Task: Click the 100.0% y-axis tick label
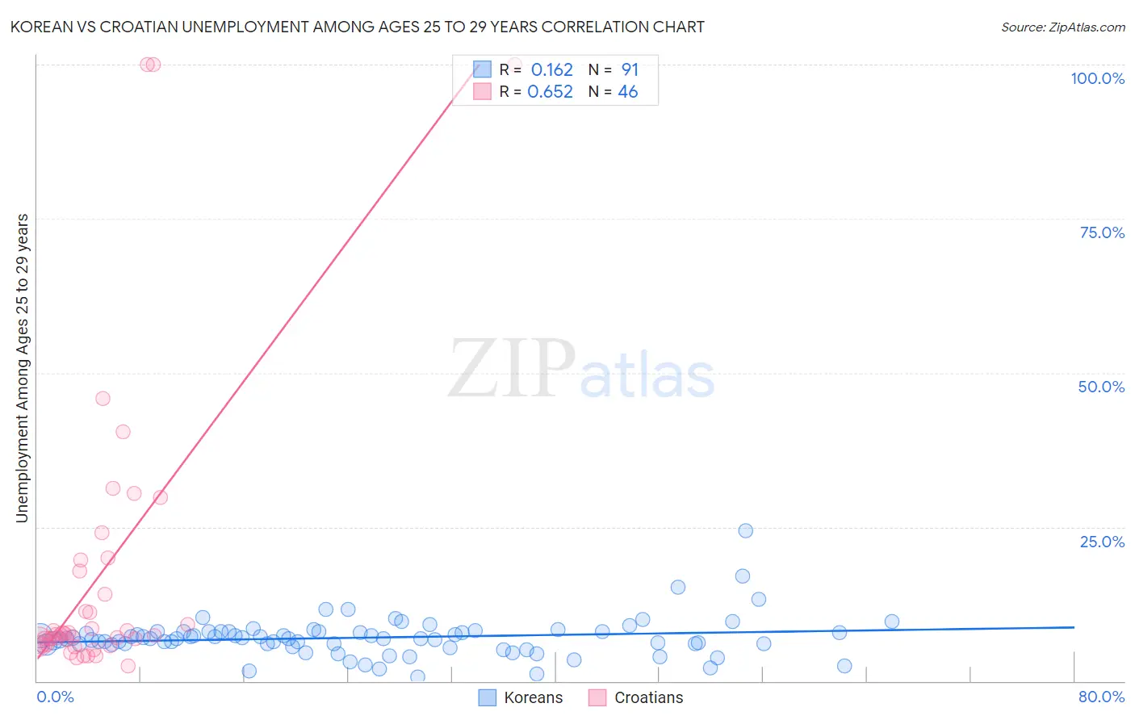click(1097, 78)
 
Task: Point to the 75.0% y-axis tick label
click(1102, 232)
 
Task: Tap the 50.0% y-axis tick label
click(1101, 387)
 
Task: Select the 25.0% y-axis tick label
click(1102, 542)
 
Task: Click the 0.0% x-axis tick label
click(55, 697)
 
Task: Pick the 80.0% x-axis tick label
click(1101, 697)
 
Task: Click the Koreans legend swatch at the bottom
click(487, 697)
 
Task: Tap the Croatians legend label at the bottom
click(648, 697)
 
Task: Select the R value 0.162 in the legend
click(551, 70)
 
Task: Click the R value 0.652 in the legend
click(550, 92)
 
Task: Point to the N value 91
click(630, 70)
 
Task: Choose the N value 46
click(627, 92)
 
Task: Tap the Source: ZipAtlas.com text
click(1062, 27)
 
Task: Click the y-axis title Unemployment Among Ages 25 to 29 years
click(23, 367)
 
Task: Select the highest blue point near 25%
click(745, 530)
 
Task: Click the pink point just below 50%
click(103, 398)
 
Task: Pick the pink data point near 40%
click(123, 432)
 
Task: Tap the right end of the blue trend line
click(1074, 626)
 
